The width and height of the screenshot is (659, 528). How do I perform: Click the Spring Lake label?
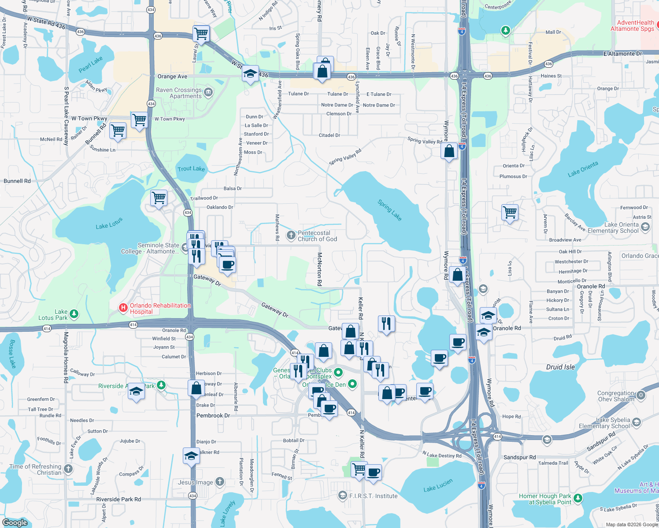click(389, 210)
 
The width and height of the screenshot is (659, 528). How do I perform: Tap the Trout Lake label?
click(191, 169)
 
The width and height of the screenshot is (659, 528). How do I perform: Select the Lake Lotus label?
click(109, 224)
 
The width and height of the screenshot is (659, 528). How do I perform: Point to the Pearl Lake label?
click(90, 64)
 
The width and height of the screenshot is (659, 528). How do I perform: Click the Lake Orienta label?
click(583, 169)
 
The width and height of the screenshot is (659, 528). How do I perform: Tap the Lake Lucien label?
click(438, 486)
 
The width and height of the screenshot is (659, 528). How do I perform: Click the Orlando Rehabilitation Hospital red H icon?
click(123, 308)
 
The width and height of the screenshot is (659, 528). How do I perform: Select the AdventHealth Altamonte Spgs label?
click(632, 26)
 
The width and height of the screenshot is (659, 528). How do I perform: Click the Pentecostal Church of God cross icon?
click(291, 235)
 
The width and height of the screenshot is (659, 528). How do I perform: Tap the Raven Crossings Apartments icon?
click(208, 92)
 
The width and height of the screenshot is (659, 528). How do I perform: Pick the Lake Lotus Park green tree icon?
click(74, 314)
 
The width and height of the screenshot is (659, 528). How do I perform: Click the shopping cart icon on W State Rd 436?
click(201, 33)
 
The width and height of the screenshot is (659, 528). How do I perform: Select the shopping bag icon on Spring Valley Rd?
click(449, 151)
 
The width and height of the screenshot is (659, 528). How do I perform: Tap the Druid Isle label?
click(560, 367)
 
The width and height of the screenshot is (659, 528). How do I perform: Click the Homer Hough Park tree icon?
click(578, 499)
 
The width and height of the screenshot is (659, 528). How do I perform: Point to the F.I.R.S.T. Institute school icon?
click(342, 496)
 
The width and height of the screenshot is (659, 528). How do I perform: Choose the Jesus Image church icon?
click(220, 482)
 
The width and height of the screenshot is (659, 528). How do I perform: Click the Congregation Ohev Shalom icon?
click(641, 395)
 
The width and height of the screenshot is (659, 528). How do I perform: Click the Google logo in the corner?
click(15, 522)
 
